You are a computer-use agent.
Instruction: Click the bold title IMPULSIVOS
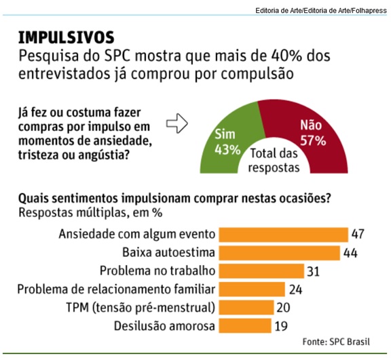coord(67,37)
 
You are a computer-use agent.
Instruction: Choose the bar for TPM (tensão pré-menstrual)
coord(245,307)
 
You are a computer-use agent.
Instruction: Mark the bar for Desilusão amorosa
coord(244,325)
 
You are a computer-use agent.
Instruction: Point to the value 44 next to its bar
coord(350,253)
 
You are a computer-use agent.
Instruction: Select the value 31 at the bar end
coord(313,271)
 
